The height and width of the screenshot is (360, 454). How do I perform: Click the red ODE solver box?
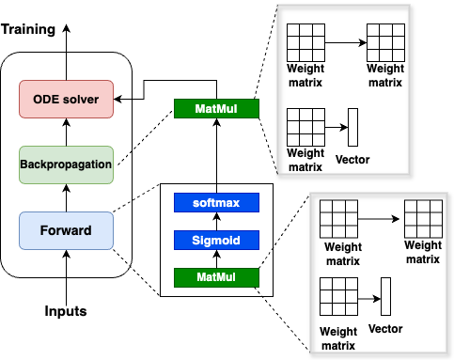pyautogui.click(x=66, y=99)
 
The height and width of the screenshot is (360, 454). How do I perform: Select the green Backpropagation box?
pyautogui.click(x=66, y=164)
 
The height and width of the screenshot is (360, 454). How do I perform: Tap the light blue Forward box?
pyautogui.click(x=66, y=230)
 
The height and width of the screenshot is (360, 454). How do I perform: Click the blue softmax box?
pyautogui.click(x=217, y=202)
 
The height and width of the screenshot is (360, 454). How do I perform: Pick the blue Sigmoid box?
pyautogui.click(x=217, y=240)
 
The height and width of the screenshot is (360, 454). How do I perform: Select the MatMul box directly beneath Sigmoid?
pyautogui.click(x=217, y=277)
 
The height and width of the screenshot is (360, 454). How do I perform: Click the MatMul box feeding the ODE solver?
pyautogui.click(x=217, y=110)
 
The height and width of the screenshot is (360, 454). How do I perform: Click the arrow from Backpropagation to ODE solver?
pyautogui.click(x=66, y=132)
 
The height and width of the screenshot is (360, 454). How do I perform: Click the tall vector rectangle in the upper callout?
pyautogui.click(x=353, y=127)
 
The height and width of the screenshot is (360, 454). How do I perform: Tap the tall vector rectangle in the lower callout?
pyautogui.click(x=385, y=296)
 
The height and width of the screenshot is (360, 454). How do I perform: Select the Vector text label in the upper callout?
pyautogui.click(x=352, y=159)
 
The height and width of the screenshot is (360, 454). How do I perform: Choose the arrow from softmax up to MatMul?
pyautogui.click(x=217, y=155)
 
